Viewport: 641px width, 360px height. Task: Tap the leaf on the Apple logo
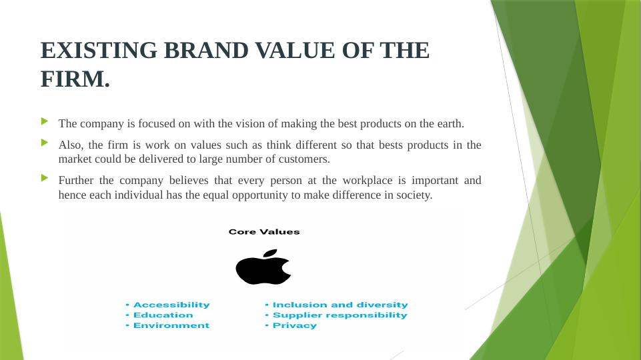tap(270, 253)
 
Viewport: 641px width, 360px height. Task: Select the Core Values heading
tap(264, 232)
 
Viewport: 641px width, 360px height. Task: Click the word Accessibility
tap(171, 305)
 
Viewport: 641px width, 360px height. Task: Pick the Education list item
tap(163, 315)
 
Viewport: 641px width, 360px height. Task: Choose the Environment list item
tap(171, 325)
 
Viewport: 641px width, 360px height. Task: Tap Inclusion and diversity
tap(340, 305)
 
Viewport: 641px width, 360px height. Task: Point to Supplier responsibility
tap(340, 315)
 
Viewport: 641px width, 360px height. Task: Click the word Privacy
tap(295, 326)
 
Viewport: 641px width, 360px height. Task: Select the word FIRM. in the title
tap(75, 79)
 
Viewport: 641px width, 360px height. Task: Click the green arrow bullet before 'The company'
tap(45, 121)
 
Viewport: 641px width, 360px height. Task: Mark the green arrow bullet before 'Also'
tap(45, 142)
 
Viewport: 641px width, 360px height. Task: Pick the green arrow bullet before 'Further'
tap(45, 178)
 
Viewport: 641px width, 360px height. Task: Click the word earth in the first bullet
tap(450, 123)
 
